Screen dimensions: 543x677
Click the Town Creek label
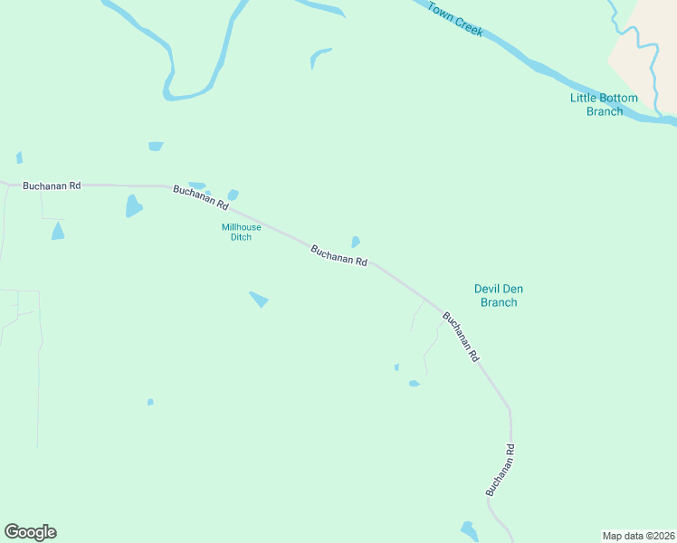click(456, 19)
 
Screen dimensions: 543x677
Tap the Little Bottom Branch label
click(604, 104)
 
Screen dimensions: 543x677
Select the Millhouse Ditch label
click(242, 232)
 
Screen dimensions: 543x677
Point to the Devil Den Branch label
click(499, 295)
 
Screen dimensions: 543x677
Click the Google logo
click(30, 532)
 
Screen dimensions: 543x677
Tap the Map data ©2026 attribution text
click(638, 535)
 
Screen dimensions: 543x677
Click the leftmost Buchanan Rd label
click(52, 186)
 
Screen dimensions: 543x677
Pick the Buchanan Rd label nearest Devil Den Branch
click(460, 337)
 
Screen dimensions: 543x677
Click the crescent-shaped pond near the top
click(319, 57)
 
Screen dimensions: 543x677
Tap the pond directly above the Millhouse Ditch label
click(233, 195)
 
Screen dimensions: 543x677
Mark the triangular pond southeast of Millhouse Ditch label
click(259, 299)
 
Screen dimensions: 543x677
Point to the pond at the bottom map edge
click(470, 531)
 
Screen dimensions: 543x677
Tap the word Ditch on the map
click(242, 237)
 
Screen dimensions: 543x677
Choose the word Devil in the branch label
click(488, 289)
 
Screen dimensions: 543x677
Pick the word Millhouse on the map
click(242, 227)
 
